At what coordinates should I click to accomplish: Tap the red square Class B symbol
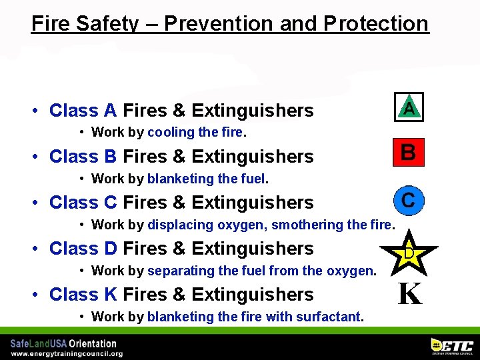pos(408,153)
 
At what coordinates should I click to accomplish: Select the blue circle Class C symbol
pos(408,199)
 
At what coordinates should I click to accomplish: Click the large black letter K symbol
pos(409,294)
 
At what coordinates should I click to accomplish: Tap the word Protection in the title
pos(376,24)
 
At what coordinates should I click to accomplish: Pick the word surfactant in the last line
pos(328,317)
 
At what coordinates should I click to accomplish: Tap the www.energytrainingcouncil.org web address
pos(66,353)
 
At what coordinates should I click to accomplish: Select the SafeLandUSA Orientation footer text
pos(63,343)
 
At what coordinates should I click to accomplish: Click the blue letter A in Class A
pos(110,110)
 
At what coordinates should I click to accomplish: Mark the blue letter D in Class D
pos(110,248)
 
